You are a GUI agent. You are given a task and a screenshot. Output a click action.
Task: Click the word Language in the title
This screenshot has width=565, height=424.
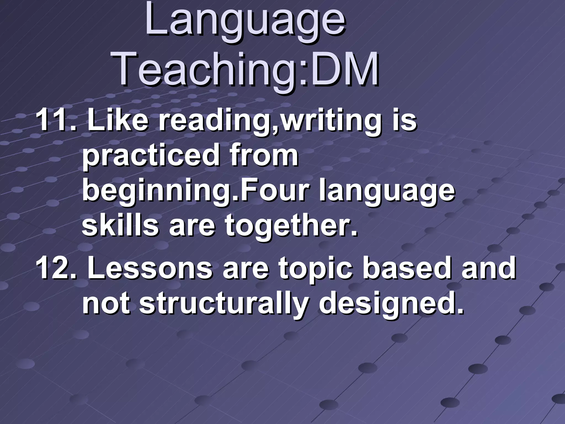pyautogui.click(x=245, y=22)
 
